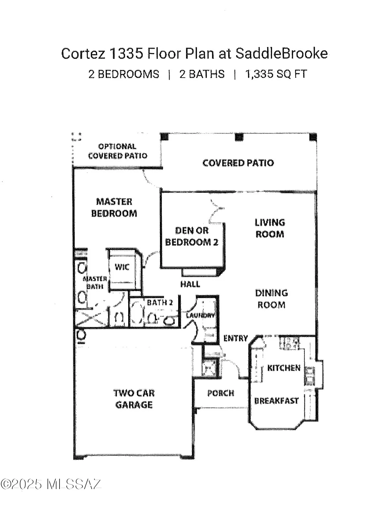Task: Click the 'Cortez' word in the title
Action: click(83, 54)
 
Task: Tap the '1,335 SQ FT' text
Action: click(276, 74)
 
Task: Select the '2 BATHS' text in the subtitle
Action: click(202, 74)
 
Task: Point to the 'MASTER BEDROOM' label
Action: click(114, 208)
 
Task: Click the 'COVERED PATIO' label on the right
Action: click(238, 163)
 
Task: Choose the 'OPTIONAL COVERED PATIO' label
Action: click(117, 151)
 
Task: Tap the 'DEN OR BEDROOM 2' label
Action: click(191, 236)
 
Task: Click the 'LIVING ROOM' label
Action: click(270, 228)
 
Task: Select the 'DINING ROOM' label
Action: click(271, 299)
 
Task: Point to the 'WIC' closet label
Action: click(122, 267)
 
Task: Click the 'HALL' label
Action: click(190, 284)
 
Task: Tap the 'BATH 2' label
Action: click(160, 303)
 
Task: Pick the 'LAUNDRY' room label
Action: click(201, 315)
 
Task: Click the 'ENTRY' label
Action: click(236, 338)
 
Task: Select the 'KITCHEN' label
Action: click(284, 368)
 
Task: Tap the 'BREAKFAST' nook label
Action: click(276, 401)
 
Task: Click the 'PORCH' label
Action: click(221, 393)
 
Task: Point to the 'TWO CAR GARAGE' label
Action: click(134, 399)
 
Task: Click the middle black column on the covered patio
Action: click(239, 137)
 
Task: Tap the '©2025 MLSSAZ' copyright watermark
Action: click(51, 484)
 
